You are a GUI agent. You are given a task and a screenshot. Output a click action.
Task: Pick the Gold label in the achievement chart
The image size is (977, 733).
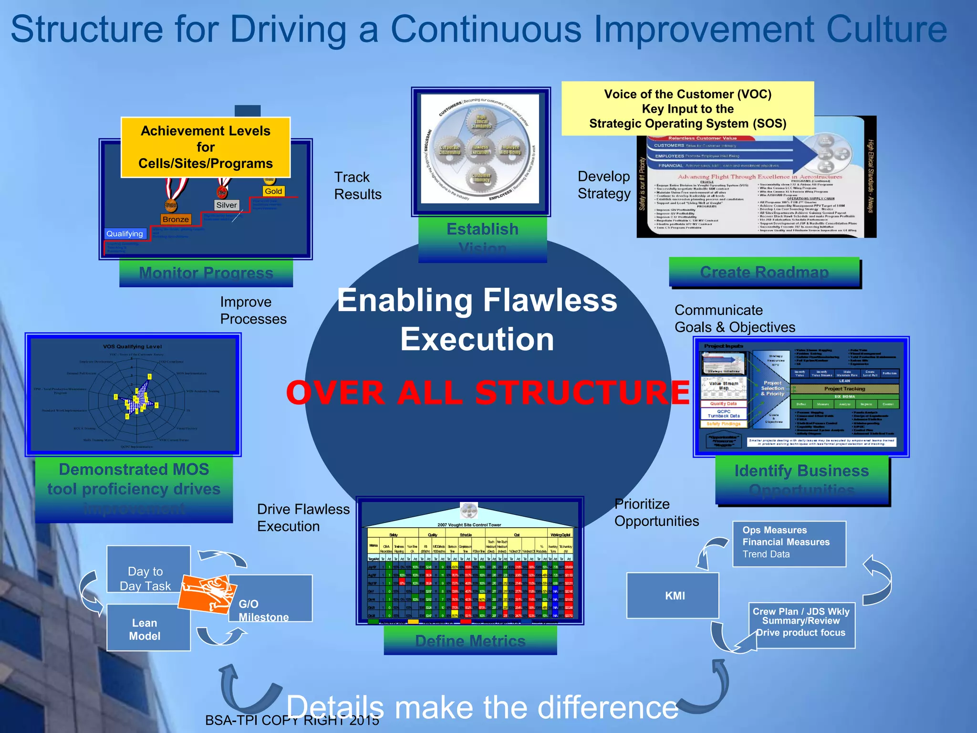(273, 191)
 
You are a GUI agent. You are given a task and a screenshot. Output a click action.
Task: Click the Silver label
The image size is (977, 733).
(226, 205)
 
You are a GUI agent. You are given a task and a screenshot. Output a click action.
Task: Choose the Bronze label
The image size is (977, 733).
(176, 219)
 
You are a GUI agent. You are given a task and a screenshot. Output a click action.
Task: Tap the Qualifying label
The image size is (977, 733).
(125, 233)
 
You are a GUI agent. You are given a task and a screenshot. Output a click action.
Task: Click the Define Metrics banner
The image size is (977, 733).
(470, 640)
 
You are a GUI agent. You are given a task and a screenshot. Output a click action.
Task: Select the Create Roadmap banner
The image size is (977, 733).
(764, 272)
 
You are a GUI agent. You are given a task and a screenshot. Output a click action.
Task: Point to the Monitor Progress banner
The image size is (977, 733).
(206, 273)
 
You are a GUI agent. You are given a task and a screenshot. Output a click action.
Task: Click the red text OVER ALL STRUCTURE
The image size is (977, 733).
(488, 392)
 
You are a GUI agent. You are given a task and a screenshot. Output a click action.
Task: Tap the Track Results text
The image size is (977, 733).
(357, 186)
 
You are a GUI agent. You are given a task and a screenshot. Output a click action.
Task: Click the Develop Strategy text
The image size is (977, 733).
(603, 185)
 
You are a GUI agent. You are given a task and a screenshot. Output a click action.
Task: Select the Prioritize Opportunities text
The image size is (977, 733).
(656, 513)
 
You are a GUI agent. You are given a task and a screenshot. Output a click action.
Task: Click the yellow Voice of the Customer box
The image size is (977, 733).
(687, 109)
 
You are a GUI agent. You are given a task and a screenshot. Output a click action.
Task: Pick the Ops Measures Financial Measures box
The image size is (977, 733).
(789, 543)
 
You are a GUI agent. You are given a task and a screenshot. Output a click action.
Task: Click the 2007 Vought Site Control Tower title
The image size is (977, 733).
(469, 524)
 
